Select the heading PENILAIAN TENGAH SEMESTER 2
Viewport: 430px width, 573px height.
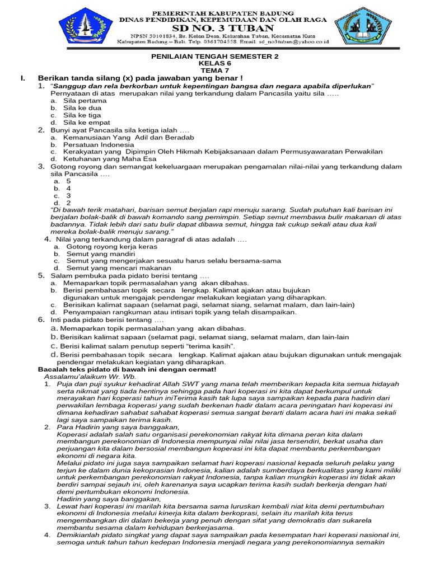[215, 57]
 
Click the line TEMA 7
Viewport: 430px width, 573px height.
[216, 71]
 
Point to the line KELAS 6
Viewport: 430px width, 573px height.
[215, 64]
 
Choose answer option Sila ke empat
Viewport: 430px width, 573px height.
[86, 123]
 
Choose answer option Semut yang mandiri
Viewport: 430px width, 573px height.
[97, 253]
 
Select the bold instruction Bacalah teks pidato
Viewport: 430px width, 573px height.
[127, 370]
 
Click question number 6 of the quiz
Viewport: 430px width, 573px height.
[41, 320]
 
